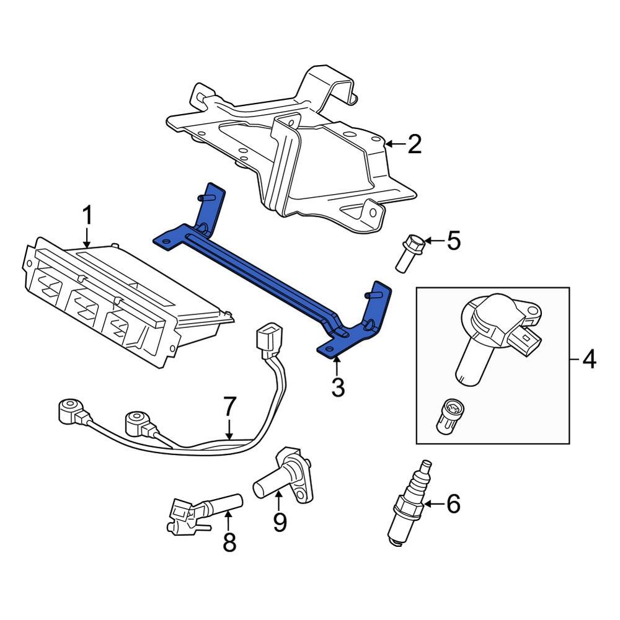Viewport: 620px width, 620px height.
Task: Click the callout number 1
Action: pos(87,216)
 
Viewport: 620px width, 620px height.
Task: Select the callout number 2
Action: pos(414,144)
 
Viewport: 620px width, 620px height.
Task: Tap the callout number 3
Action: pos(337,388)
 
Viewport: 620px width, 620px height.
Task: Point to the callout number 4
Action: pos(588,359)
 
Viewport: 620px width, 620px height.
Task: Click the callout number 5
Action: pos(454,240)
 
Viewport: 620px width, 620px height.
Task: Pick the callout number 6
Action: pos(453,504)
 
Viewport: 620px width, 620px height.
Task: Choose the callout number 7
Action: pos(229,407)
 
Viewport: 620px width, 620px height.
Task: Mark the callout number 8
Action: pos(229,543)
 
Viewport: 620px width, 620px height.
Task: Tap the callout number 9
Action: pos(280,522)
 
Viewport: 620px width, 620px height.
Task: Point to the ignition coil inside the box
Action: pos(490,329)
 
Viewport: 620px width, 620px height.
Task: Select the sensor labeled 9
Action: pos(285,474)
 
